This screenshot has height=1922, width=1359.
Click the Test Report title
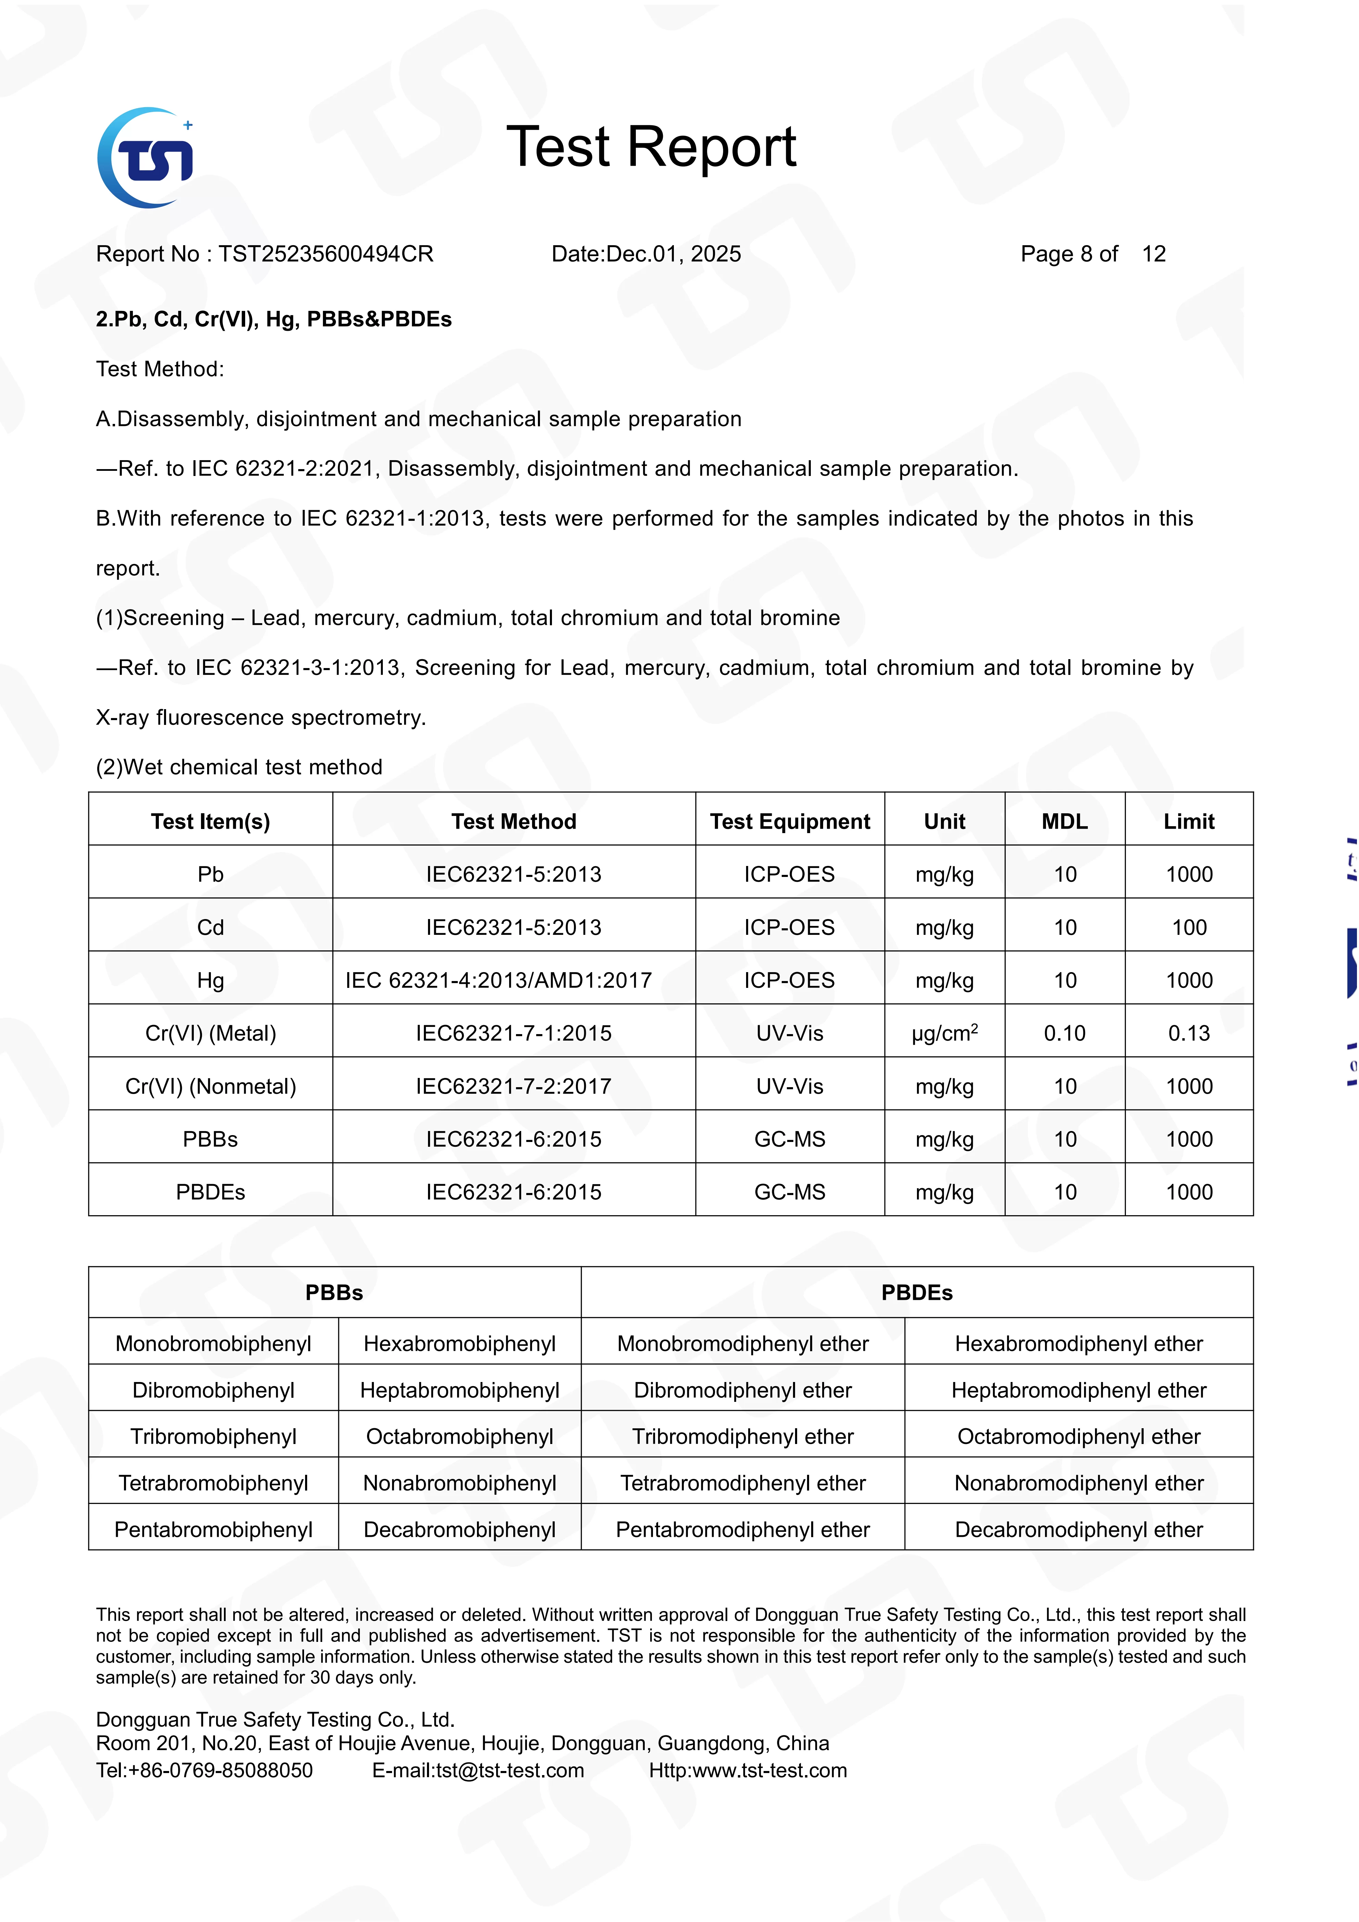point(651,147)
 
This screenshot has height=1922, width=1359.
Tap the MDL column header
point(1065,821)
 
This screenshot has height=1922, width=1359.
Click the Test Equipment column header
point(790,821)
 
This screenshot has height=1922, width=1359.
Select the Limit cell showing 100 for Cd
point(1189,928)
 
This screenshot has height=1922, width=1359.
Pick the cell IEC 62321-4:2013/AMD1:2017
point(499,980)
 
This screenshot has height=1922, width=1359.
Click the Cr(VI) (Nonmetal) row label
point(211,1086)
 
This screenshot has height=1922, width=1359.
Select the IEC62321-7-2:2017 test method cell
point(514,1086)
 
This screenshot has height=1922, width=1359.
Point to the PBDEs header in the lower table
point(917,1293)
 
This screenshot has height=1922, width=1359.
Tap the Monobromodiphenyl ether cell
point(743,1344)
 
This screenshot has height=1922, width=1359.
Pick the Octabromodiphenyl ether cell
point(1079,1436)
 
